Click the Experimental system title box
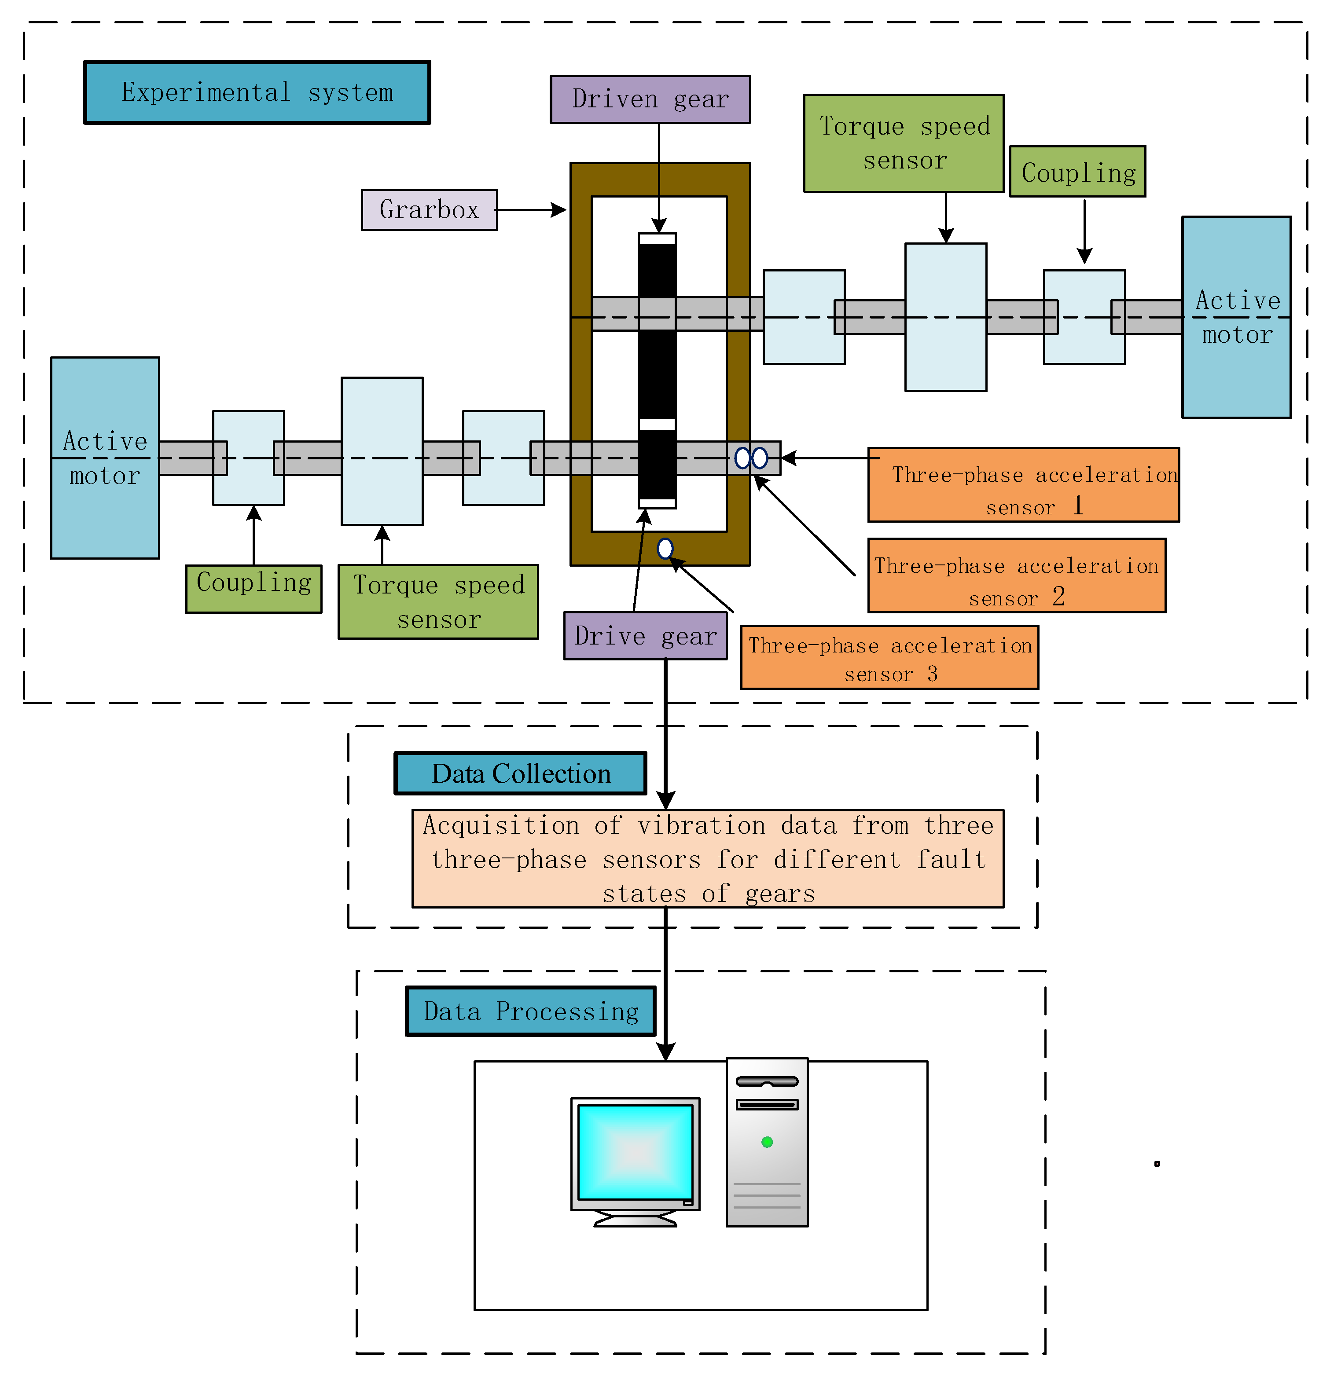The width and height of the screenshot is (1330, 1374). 257,92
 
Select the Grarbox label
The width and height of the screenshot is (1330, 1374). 429,209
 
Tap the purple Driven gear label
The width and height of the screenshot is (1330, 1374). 650,99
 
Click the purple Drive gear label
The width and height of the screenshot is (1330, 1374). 645,636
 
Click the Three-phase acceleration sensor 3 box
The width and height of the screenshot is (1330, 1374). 889,658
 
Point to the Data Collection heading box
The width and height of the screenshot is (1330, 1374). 520,773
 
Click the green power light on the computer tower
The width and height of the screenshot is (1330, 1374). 767,1142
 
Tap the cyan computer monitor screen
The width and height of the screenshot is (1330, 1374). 635,1152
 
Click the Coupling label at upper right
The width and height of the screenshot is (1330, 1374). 1078,172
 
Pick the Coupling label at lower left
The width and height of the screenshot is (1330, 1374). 254,583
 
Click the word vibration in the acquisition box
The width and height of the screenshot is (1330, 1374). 701,826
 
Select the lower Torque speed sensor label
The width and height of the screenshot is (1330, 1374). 438,601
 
